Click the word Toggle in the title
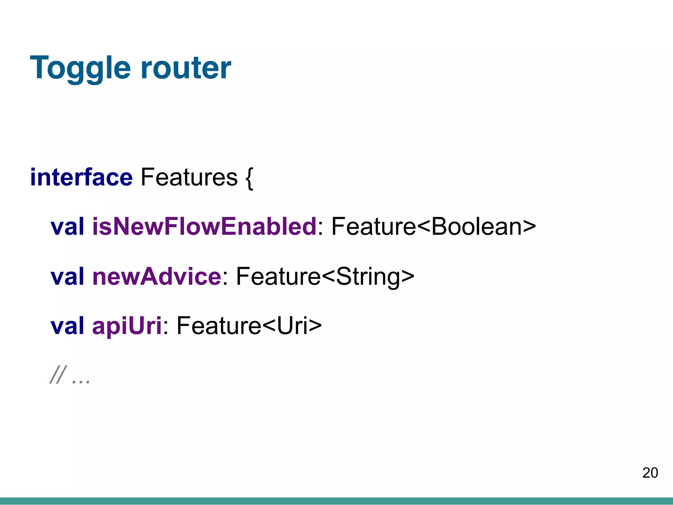coord(80,68)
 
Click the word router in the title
coord(186,68)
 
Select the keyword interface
coord(81,178)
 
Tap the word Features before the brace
coord(189,178)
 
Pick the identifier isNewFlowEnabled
coord(204,227)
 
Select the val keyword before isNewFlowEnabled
coord(67,227)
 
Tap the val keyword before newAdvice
coord(67,276)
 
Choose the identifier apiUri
coord(127,326)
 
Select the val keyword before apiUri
coord(67,326)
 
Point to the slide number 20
coord(650,473)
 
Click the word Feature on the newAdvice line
coord(278,276)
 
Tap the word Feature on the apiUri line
coord(219,326)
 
